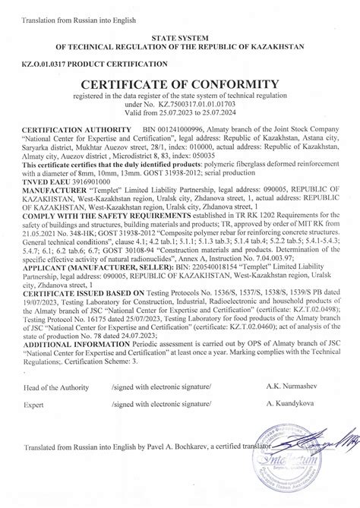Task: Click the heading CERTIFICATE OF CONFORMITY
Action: pos(179,83)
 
